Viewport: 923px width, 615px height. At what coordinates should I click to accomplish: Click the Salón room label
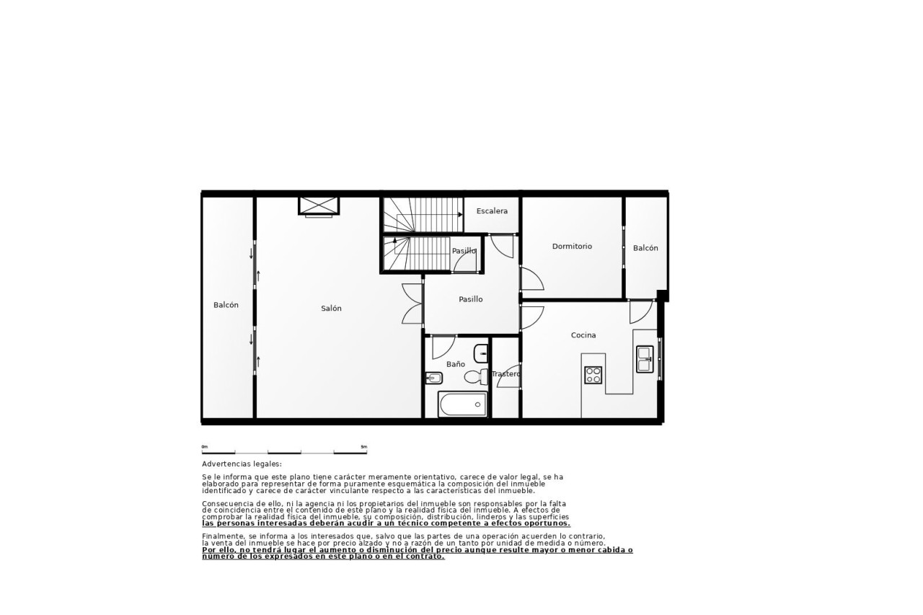(331, 308)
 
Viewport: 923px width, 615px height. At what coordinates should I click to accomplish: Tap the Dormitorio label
(572, 247)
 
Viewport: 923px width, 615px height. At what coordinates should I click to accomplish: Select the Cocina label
(583, 335)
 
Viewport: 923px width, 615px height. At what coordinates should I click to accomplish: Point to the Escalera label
(492, 211)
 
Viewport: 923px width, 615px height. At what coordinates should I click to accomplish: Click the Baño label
(455, 364)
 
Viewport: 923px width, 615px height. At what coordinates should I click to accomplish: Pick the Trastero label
(506, 374)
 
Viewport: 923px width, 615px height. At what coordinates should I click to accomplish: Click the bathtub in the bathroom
(462, 404)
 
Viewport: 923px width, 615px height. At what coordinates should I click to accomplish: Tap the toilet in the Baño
(476, 376)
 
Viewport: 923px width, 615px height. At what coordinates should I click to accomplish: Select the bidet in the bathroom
(434, 378)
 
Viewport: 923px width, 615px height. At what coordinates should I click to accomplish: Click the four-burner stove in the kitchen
(593, 375)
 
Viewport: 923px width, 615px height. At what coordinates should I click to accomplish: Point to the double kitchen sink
(645, 359)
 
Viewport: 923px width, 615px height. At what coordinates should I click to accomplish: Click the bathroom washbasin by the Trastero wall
(481, 353)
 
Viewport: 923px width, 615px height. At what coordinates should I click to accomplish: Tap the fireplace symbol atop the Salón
(319, 206)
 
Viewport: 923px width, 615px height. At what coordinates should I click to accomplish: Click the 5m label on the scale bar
(364, 446)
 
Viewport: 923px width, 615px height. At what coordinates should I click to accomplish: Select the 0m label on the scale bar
(205, 446)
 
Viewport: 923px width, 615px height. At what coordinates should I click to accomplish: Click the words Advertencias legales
(242, 464)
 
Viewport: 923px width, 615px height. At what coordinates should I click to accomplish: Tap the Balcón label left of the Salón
(226, 305)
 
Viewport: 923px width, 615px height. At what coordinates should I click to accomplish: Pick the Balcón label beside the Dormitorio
(645, 248)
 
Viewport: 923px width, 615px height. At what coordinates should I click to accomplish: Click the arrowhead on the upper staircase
(460, 215)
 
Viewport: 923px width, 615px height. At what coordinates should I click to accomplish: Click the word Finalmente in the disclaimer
(221, 536)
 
